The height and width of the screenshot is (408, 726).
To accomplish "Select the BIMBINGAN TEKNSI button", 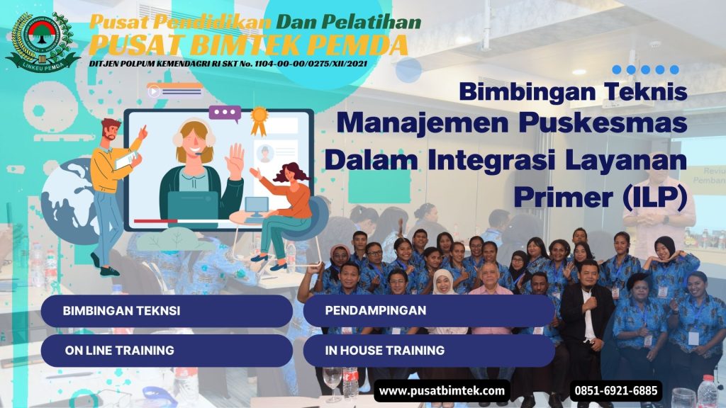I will [x=167, y=311].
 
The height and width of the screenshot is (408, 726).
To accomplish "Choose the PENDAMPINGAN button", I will [x=428, y=311].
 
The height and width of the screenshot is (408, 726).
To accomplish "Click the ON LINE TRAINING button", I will [x=167, y=350].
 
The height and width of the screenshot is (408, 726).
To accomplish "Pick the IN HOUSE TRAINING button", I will [x=428, y=350].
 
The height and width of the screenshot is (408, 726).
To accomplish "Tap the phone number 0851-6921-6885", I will [x=615, y=390].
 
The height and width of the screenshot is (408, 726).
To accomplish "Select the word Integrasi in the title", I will [x=493, y=160].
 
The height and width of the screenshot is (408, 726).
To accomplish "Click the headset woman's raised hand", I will [x=235, y=161].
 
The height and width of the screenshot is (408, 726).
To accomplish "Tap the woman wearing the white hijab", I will [x=445, y=297].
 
